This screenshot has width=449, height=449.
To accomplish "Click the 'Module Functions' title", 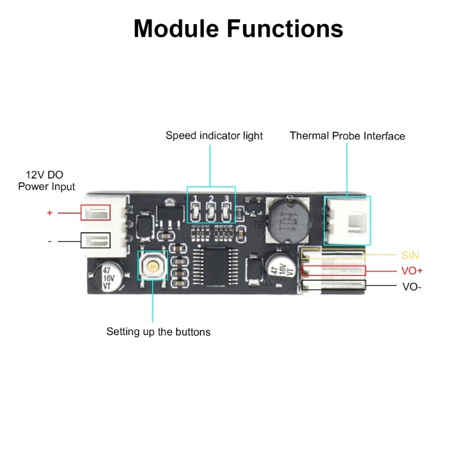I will coord(238,28).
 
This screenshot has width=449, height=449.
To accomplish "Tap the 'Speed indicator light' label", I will coord(214,136).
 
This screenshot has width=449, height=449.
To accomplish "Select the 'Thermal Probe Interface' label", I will coord(347,136).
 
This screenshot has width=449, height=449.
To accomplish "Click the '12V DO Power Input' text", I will coord(47,180).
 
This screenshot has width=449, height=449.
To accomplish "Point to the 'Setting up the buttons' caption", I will coord(158,332).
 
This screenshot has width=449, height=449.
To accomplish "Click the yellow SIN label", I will coord(410,255).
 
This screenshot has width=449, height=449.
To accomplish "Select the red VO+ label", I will coord(412,271).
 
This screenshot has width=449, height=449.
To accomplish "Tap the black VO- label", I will coord(411,286).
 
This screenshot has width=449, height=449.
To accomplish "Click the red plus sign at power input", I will coord(49,213).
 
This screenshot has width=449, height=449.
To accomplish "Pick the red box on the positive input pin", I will coord(96,212).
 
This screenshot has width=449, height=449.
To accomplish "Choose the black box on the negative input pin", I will coord(96,240).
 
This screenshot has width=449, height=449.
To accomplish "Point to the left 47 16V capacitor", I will coord(106,278).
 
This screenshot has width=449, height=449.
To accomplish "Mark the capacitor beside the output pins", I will coord(282,271).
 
